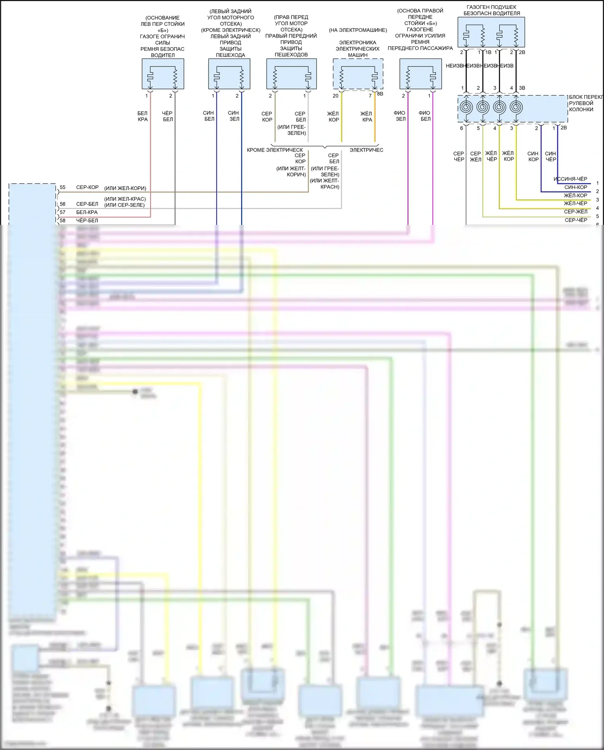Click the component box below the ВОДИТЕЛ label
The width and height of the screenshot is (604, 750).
(x=163, y=74)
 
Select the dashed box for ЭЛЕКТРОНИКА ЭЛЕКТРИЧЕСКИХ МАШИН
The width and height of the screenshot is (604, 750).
(x=358, y=74)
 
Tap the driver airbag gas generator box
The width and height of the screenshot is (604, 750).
(x=491, y=32)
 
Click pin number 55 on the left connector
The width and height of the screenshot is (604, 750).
(x=62, y=187)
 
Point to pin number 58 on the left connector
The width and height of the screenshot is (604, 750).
(x=62, y=220)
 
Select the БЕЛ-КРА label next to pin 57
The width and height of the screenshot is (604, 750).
(x=87, y=212)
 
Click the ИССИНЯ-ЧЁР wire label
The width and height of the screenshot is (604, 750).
(x=570, y=179)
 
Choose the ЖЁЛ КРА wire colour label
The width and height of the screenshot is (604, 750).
(x=366, y=116)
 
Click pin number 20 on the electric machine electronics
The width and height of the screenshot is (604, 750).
(x=335, y=96)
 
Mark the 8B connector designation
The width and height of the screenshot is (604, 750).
(x=380, y=94)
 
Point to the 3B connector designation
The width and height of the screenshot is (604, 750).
(x=522, y=88)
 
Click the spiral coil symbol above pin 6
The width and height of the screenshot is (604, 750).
(x=466, y=108)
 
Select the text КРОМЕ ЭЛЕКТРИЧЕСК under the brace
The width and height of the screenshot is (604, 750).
(x=275, y=150)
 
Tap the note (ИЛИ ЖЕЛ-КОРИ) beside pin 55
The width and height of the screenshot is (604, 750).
(x=125, y=188)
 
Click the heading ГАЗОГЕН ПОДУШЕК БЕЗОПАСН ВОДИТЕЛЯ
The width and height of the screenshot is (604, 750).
(x=491, y=10)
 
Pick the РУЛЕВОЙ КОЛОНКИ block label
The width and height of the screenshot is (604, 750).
(x=581, y=106)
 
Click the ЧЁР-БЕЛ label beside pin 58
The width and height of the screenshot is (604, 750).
(x=87, y=220)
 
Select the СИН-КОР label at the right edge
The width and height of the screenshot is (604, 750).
(x=575, y=187)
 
